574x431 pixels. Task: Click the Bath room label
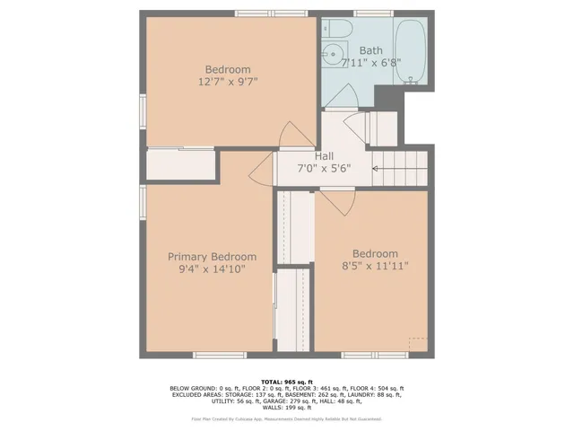click(x=371, y=50)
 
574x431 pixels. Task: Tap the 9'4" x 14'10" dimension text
click(x=206, y=268)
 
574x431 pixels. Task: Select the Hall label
click(x=325, y=156)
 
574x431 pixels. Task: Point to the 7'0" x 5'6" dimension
click(x=324, y=168)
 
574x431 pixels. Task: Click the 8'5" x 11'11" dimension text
click(x=375, y=267)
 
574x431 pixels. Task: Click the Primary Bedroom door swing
click(x=261, y=168)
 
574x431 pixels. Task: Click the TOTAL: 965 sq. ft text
click(x=286, y=382)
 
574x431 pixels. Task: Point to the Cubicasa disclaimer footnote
click(x=286, y=418)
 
